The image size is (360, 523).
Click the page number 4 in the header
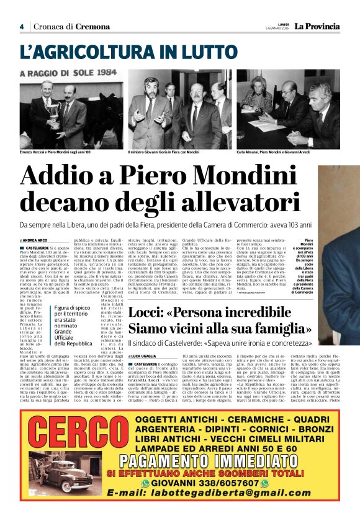coord(21,27)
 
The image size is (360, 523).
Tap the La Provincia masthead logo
coord(317,26)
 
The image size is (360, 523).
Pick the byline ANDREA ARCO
coord(34,240)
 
